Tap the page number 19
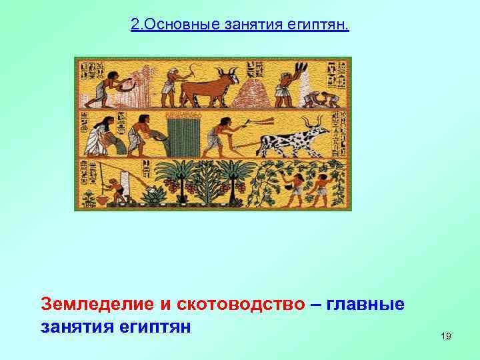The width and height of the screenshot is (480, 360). [446, 337]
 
